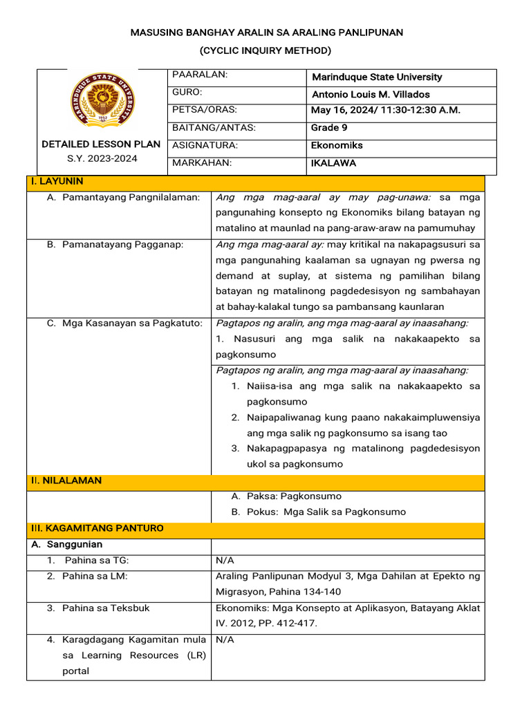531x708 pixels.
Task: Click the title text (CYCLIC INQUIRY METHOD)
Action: pos(265,50)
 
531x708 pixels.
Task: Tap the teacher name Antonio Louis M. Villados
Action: pos(371,94)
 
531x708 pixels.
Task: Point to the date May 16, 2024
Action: pos(342,110)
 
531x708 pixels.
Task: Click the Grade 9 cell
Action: pos(325,128)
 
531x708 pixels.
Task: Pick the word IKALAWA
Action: pos(334,164)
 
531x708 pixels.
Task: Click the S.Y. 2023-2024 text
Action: pos(102,158)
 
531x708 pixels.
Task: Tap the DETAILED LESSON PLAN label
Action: pos(101,145)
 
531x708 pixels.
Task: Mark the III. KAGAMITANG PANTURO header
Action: pos(97,528)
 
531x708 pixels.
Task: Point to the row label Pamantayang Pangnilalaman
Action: pos(123,198)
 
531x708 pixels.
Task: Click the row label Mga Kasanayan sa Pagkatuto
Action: pos(124,323)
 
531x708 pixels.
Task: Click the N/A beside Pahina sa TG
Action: pos(225,560)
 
